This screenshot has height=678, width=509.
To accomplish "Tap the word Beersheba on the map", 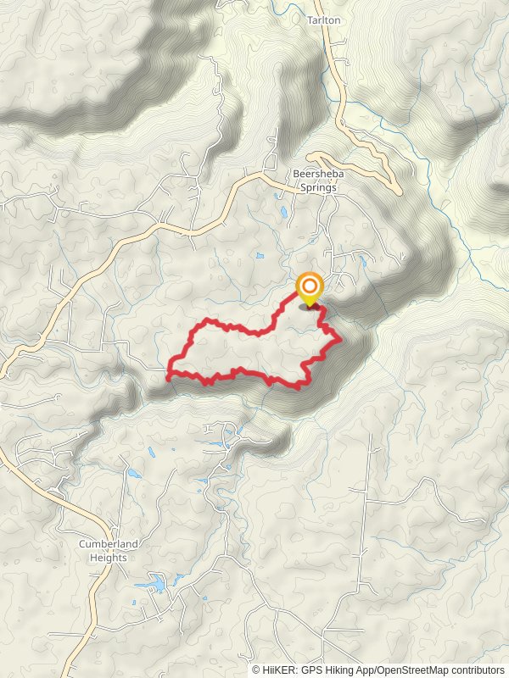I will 315,175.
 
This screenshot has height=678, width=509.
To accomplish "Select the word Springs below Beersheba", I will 315,187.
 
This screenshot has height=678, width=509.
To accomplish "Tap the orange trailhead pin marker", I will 309,287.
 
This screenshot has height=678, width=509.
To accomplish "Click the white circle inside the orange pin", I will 309,285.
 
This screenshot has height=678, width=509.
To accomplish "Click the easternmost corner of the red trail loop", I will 340,339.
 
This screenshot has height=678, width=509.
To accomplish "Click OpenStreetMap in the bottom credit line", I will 412,670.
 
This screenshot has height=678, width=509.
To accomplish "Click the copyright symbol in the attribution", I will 257,670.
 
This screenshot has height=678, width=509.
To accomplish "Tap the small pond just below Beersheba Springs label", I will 282,211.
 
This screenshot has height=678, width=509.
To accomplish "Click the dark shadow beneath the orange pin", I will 309,308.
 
